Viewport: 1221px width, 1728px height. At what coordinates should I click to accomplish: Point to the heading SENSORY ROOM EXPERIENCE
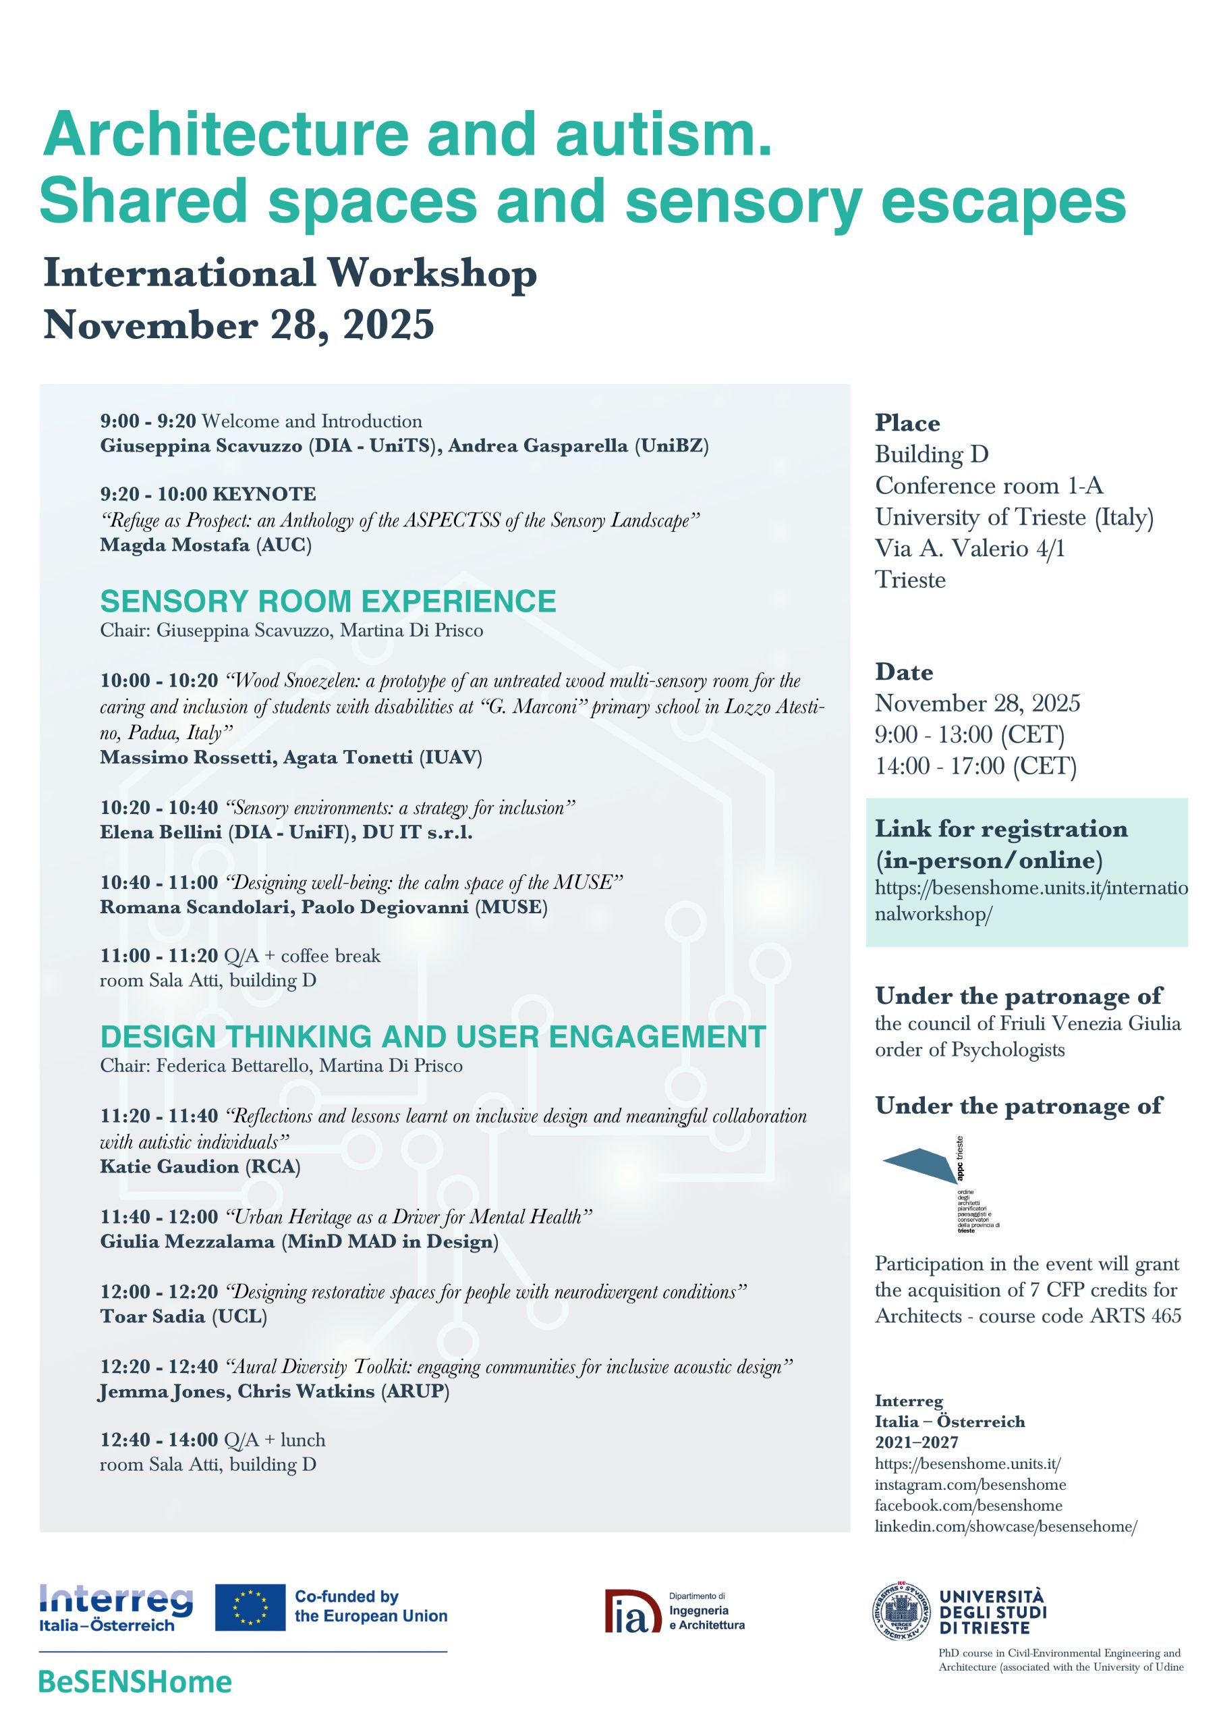click(x=328, y=601)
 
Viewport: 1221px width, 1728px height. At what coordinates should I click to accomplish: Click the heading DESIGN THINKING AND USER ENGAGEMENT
click(x=432, y=1036)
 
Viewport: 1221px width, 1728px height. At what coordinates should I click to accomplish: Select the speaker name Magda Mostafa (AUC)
click(x=205, y=545)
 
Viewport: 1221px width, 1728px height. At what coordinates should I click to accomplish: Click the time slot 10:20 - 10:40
click(x=159, y=807)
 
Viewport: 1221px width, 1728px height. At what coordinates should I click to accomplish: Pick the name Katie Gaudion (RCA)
click(x=200, y=1166)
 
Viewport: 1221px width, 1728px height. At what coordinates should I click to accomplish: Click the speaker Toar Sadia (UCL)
click(x=183, y=1316)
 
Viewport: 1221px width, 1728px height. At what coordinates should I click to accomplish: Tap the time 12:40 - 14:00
click(x=159, y=1440)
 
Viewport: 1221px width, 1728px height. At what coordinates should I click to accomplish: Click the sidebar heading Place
click(x=907, y=423)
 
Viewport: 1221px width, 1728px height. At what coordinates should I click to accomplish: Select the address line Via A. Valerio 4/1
click(x=969, y=548)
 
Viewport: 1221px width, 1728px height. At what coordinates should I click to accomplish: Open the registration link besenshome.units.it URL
click(x=1030, y=901)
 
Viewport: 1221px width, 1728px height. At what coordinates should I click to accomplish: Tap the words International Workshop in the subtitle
click(x=289, y=274)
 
